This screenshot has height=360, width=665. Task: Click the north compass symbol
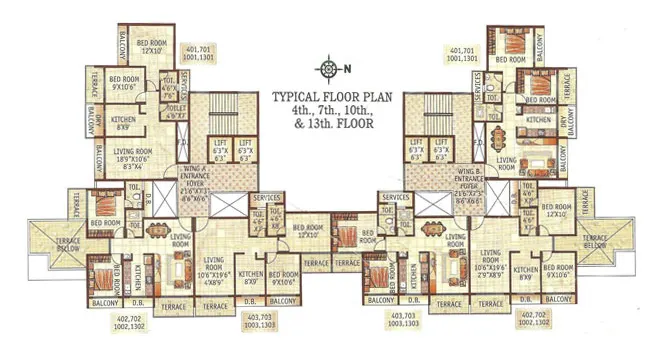329,69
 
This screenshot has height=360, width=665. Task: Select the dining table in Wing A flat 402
180,267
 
